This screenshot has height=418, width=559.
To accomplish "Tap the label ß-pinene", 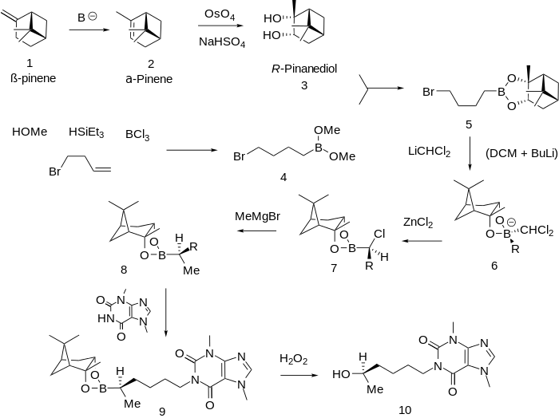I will click(x=34, y=78).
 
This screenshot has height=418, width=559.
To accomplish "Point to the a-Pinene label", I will click(x=149, y=78).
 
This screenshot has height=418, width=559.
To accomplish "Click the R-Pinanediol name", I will click(x=303, y=69).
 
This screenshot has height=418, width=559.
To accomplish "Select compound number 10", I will click(x=406, y=410).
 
